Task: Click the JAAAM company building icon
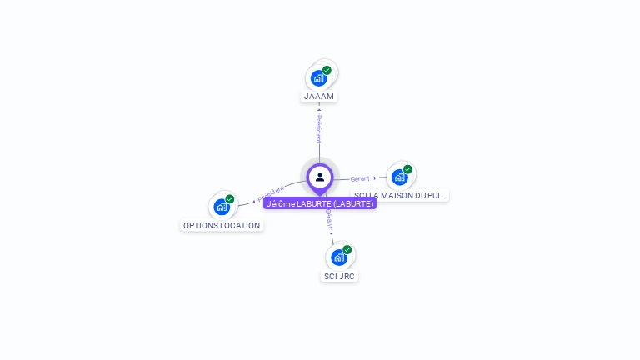(318, 78)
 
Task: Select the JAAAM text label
(319, 97)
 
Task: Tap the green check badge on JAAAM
(327, 71)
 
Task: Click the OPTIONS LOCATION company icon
(221, 207)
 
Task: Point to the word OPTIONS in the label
(200, 226)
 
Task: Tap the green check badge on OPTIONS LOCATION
(230, 199)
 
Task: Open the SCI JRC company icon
(338, 257)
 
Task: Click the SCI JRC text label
(339, 276)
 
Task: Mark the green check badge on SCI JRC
(347, 249)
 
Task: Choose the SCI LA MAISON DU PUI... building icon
(399, 177)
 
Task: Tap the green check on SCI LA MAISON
(407, 169)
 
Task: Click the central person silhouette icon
(320, 177)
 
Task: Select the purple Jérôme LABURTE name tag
(320, 203)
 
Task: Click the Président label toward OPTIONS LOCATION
(271, 193)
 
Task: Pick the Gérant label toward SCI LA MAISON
(360, 178)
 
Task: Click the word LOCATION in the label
(240, 226)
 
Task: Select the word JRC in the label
(346, 276)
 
